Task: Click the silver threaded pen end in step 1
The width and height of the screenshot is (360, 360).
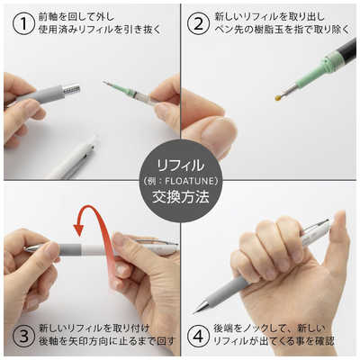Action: [70, 90]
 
